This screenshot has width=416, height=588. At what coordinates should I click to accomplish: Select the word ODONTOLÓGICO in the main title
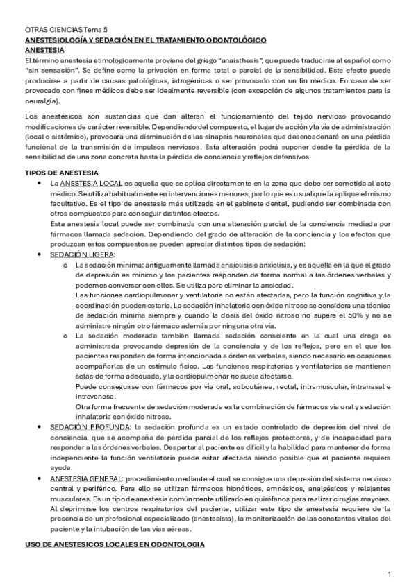tap(233, 41)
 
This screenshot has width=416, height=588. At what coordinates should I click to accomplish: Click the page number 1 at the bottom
tap(390, 574)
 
